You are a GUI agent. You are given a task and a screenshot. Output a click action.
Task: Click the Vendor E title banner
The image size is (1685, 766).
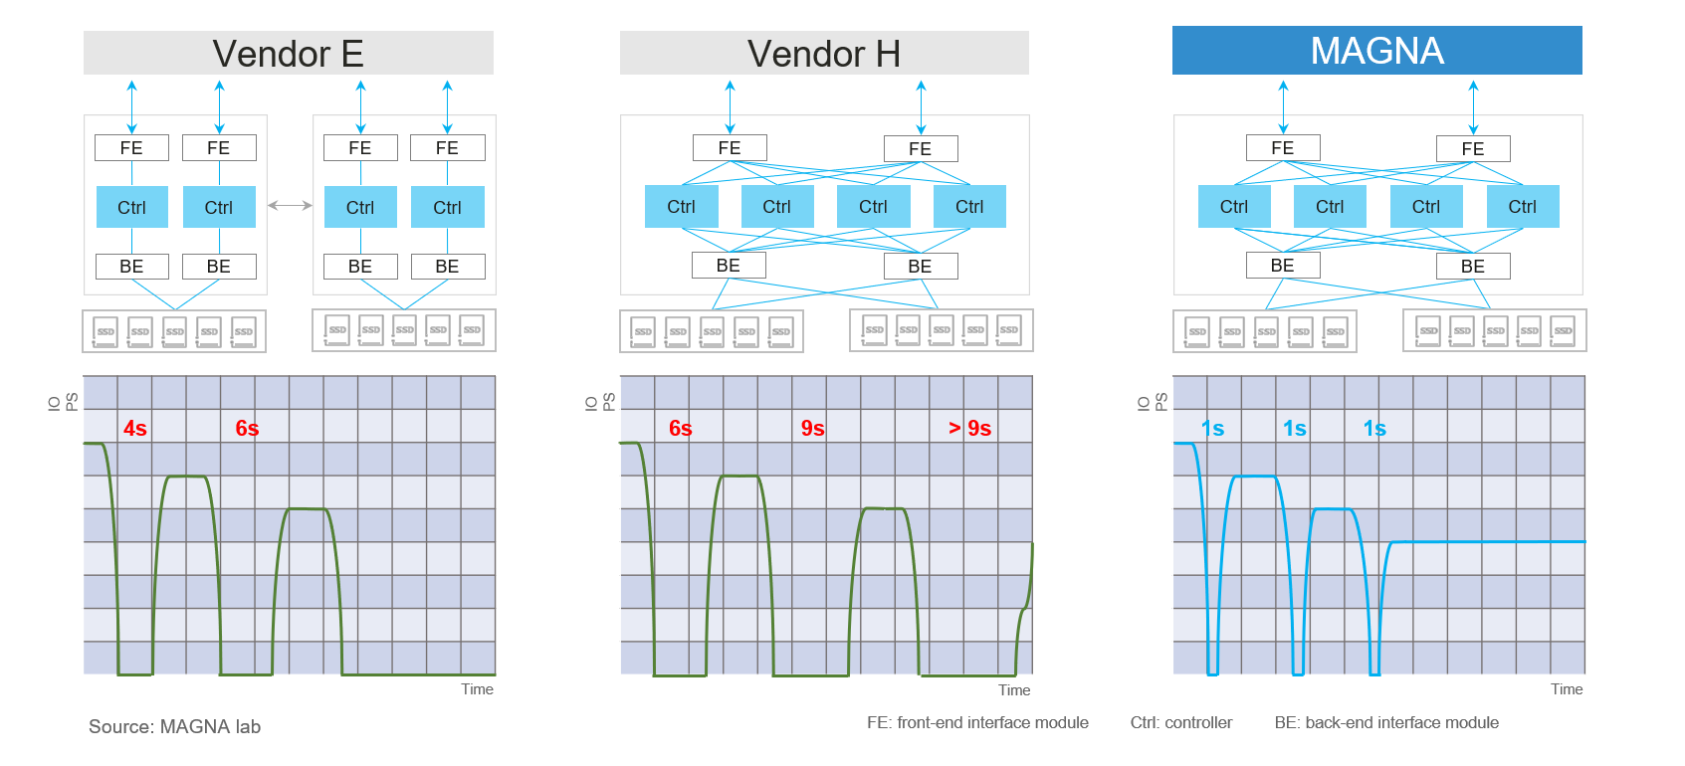pos(288,53)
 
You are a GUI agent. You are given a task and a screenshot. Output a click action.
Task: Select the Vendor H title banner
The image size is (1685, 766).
pos(824,53)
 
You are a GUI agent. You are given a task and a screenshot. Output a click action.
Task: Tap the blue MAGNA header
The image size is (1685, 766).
pos(1376,51)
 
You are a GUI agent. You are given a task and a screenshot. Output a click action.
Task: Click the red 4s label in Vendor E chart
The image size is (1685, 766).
pos(135,429)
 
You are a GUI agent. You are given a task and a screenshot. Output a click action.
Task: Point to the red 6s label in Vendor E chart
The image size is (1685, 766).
pos(247,429)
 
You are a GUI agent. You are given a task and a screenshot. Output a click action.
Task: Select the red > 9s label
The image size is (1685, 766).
pos(969,429)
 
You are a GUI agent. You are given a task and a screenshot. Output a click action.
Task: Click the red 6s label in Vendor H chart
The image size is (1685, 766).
pos(681,429)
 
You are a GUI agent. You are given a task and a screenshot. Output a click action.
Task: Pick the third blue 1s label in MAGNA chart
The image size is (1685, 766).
pos(1374,429)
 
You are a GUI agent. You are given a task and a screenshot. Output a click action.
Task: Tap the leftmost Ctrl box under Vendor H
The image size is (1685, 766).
pos(681,207)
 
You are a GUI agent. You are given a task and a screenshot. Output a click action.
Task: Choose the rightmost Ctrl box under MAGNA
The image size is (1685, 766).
pos(1522,207)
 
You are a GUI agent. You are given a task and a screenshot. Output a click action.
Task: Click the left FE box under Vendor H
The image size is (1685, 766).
pos(730,148)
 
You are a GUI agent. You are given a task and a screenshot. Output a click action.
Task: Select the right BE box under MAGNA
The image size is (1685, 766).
pos(1472,267)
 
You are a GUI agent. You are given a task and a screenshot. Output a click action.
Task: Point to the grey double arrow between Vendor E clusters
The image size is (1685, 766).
pos(290,206)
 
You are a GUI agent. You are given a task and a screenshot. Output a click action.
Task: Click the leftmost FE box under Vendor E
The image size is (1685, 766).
pos(131,148)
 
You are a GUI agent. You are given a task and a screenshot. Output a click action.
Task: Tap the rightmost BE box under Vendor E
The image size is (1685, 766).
pos(447,267)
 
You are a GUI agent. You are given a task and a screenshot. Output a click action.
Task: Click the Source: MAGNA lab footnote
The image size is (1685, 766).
pos(174,727)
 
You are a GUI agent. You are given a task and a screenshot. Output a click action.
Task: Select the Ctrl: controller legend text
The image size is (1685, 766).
pos(1180,723)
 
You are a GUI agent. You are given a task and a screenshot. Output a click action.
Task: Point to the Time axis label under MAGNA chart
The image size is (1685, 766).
pos(1566,689)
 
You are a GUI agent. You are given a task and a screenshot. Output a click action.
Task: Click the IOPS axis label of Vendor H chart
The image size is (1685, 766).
pos(600,402)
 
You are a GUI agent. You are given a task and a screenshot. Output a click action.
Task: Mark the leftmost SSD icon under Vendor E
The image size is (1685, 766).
pos(105,332)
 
